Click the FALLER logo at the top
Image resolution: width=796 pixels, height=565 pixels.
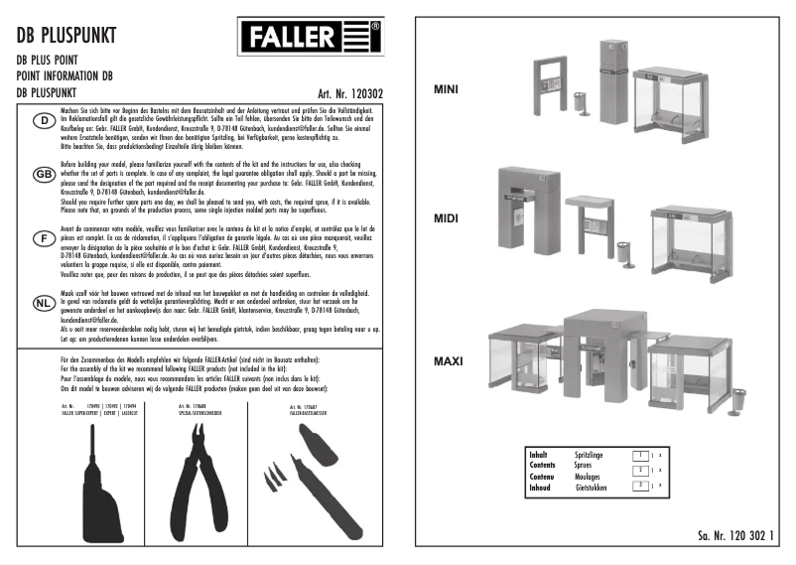[308, 41]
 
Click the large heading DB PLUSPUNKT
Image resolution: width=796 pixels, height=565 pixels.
[68, 35]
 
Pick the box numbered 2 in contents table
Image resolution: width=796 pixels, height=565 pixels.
[641, 470]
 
